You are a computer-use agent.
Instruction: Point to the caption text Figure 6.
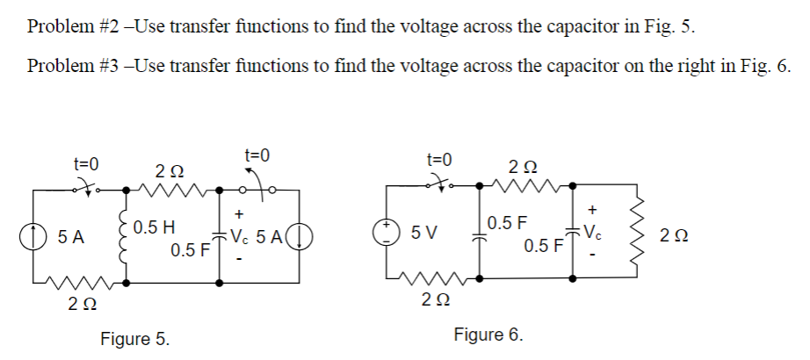click(488, 335)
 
